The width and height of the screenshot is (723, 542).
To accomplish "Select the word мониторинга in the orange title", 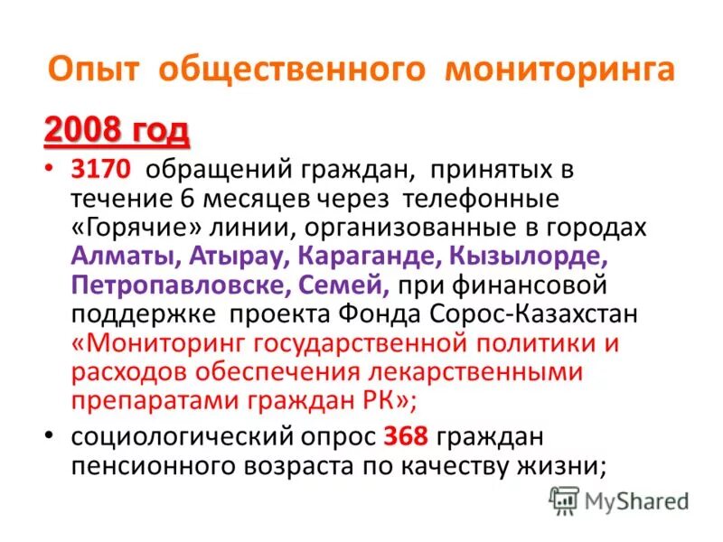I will pyautogui.click(x=559, y=70).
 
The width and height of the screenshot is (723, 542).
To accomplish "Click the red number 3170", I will pyautogui.click(x=100, y=169).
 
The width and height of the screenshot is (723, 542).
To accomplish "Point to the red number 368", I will pyautogui.click(x=405, y=437).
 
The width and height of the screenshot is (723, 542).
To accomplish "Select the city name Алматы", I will pyautogui.click(x=125, y=257).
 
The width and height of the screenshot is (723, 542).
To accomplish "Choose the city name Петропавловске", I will pyautogui.click(x=176, y=285).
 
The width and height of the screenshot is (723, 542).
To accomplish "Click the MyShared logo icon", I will pyautogui.click(x=565, y=500).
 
